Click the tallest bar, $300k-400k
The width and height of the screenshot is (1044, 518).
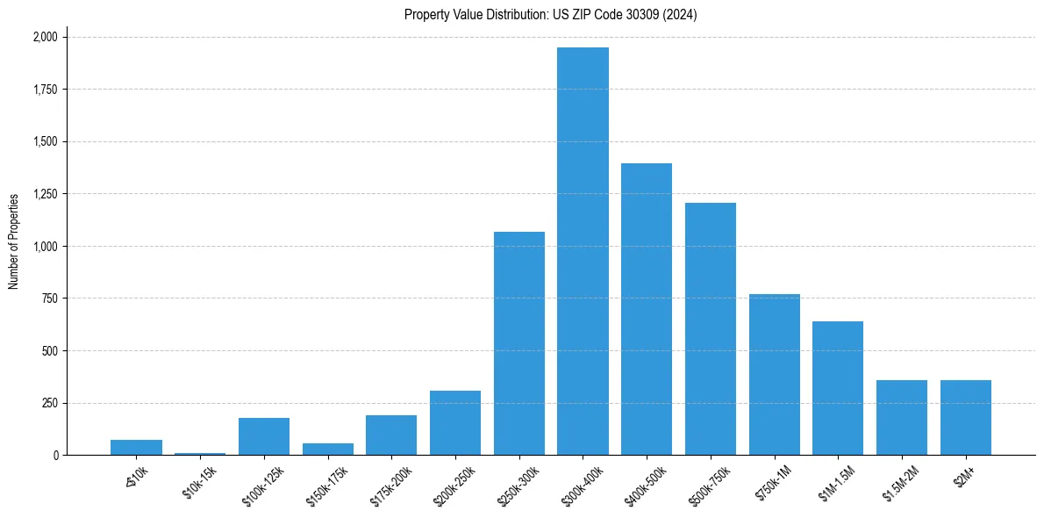pos(583,251)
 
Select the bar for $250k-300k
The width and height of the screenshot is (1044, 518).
pos(518,343)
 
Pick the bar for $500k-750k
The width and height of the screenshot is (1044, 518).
pos(711,329)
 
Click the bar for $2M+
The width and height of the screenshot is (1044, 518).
pos(966,418)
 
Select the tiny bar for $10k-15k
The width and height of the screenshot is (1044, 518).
pos(200,453)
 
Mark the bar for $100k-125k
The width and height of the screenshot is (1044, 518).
pos(264,436)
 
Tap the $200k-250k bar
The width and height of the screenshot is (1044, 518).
pos(455,423)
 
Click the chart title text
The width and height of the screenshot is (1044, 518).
pos(551,15)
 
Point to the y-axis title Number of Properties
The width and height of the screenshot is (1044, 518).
pos(14,241)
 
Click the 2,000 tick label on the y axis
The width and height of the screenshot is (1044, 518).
pos(45,37)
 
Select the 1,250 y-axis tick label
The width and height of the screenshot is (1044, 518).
pos(45,194)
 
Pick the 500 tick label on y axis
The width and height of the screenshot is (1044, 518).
pos(50,351)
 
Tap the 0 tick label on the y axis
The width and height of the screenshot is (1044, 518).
pos(56,456)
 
